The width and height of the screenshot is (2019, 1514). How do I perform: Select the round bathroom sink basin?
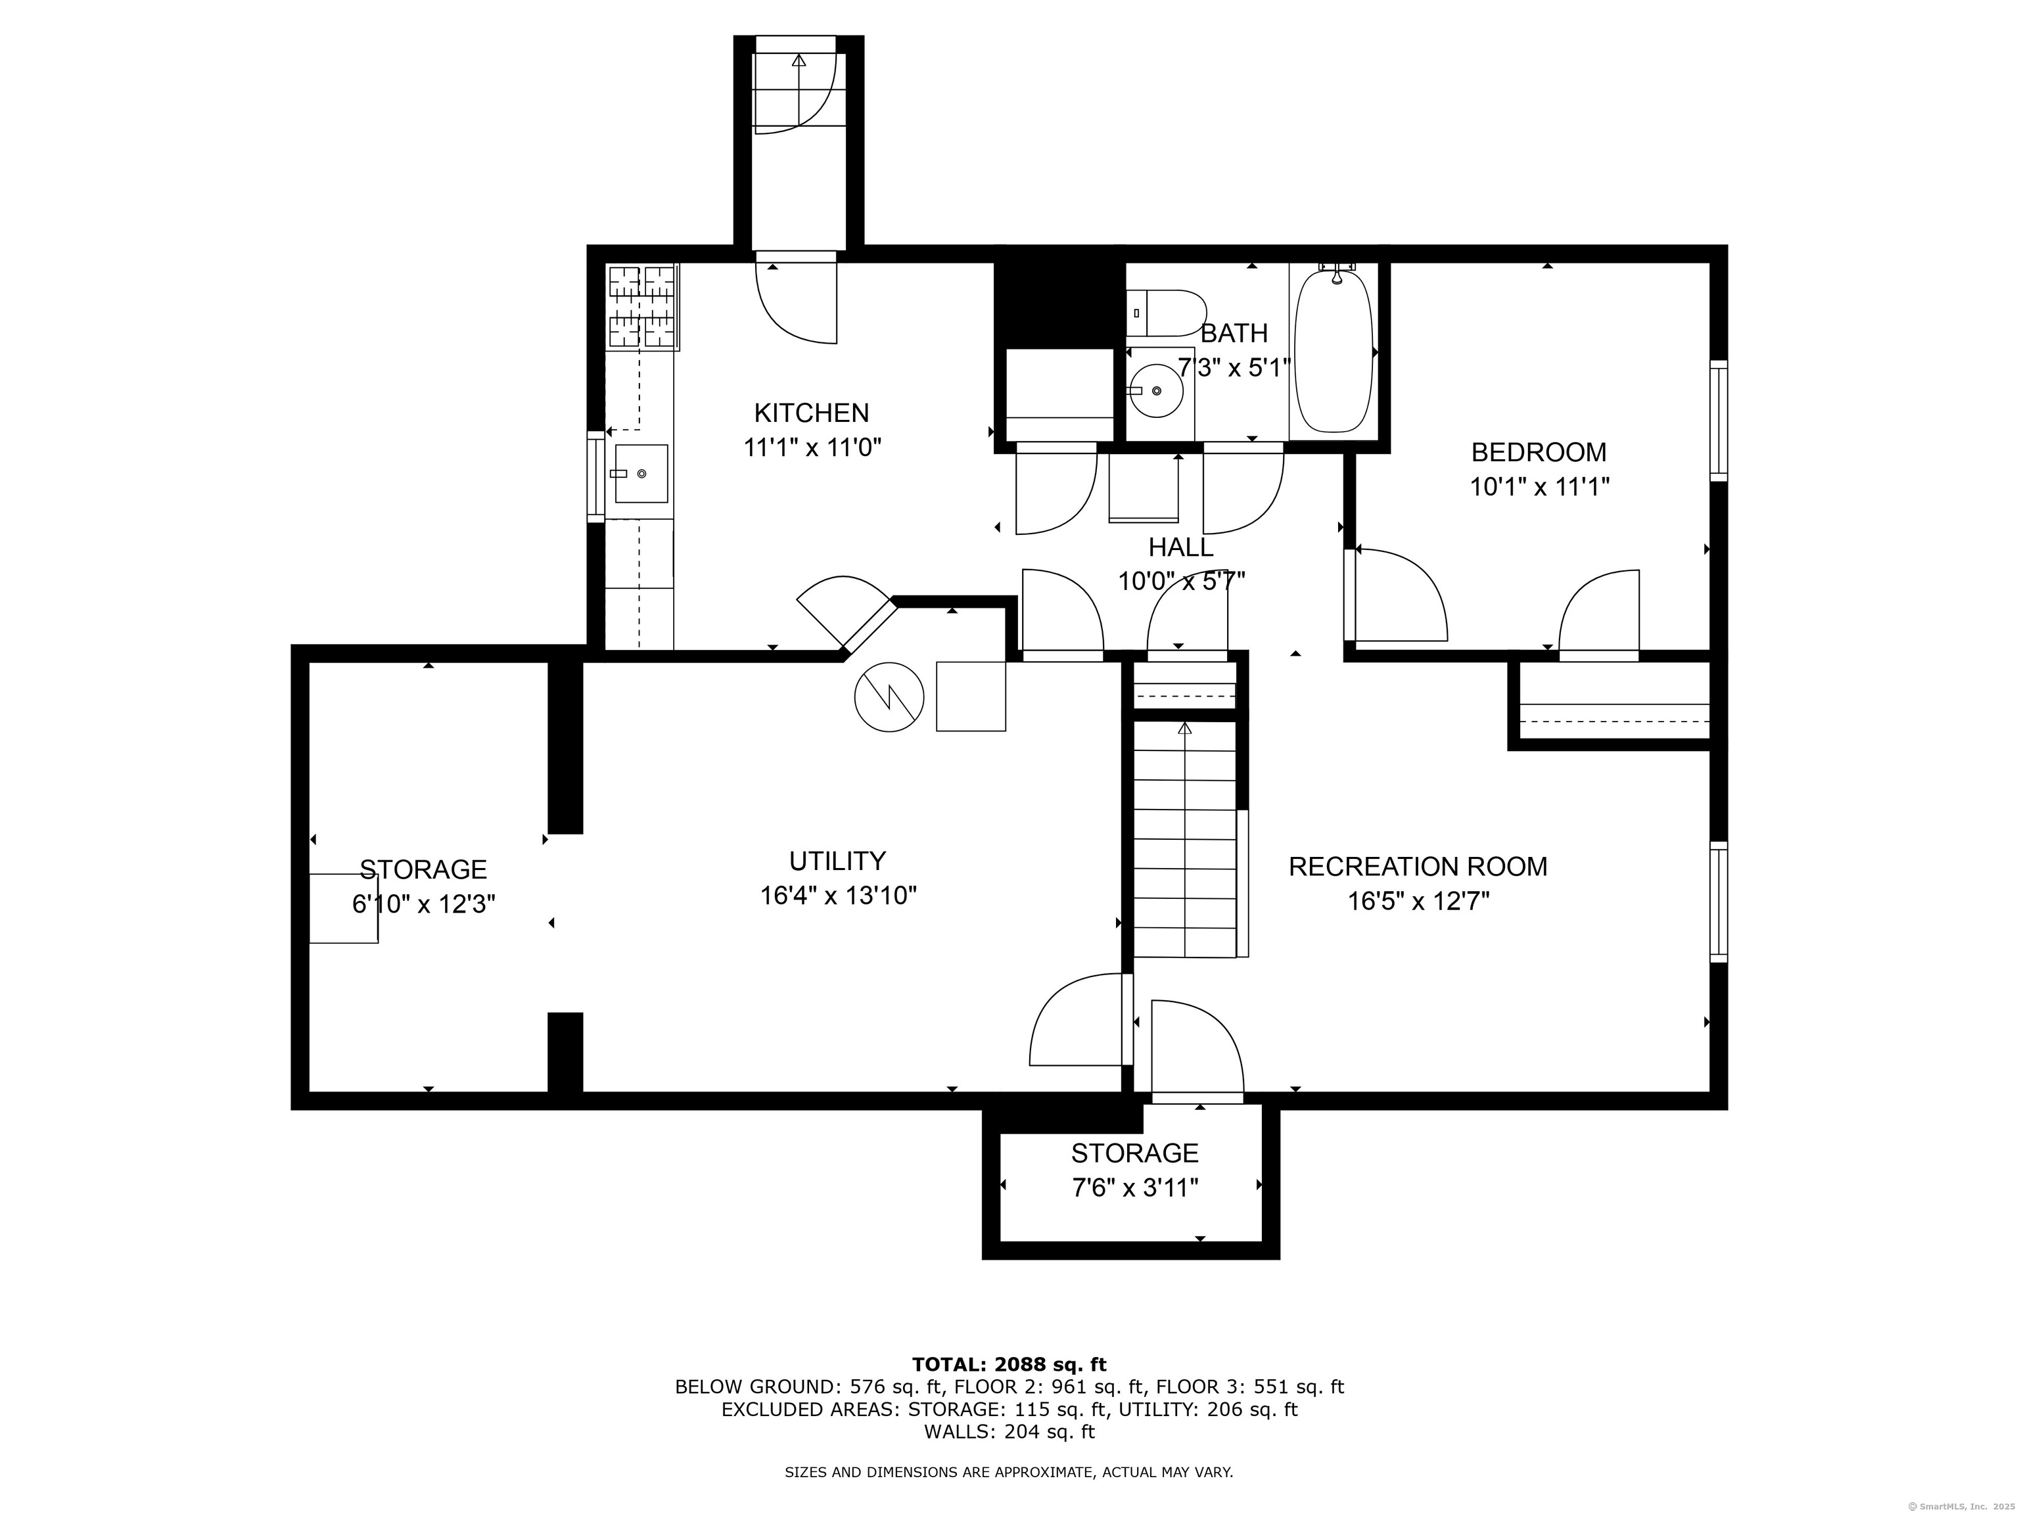[1155, 390]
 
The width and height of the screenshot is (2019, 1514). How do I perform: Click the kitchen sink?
[641, 474]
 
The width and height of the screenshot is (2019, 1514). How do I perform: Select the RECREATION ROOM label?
[1418, 866]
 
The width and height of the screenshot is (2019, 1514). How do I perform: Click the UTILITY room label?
[837, 861]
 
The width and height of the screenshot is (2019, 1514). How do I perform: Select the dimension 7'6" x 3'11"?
[1134, 1187]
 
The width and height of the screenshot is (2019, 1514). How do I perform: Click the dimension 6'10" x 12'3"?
[423, 904]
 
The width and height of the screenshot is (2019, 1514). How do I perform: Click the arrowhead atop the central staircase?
[1185, 728]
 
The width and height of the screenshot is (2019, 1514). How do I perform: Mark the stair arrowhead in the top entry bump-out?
[799, 61]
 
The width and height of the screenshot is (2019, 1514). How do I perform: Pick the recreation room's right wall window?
[1718, 902]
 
